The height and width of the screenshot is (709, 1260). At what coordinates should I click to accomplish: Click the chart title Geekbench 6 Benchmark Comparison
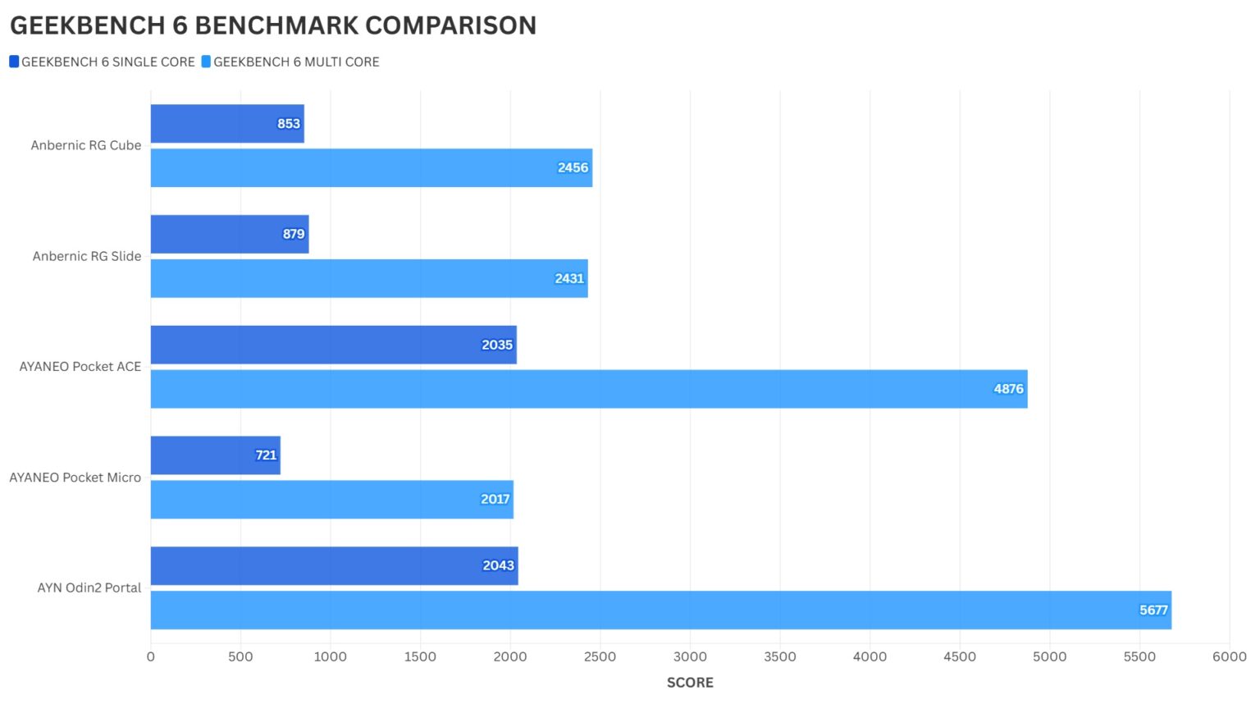click(x=273, y=25)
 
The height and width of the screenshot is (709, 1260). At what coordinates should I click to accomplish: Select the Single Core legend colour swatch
click(x=14, y=62)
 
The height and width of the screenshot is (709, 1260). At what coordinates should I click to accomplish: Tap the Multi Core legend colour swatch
click(x=206, y=62)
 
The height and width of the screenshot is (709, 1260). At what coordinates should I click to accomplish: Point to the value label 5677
click(x=1153, y=610)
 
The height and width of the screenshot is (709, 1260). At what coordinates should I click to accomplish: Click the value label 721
click(x=266, y=455)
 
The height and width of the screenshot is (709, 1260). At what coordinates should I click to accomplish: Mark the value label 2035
click(x=497, y=345)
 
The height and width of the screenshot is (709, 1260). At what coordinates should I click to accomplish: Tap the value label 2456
click(x=573, y=167)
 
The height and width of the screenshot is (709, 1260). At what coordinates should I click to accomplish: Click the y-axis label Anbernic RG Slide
click(x=87, y=256)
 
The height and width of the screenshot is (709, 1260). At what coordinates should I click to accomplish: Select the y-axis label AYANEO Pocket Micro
click(x=75, y=478)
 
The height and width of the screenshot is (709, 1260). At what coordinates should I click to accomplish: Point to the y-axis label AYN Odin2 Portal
click(x=89, y=588)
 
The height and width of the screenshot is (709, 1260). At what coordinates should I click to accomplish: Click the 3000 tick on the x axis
click(x=690, y=656)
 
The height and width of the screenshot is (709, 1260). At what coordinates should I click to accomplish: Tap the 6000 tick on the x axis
click(x=1229, y=656)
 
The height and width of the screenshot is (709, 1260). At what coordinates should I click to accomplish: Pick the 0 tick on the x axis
click(x=151, y=656)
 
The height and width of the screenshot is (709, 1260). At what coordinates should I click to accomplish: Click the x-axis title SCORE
click(x=690, y=683)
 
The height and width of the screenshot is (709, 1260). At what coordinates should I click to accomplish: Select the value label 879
click(x=294, y=234)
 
